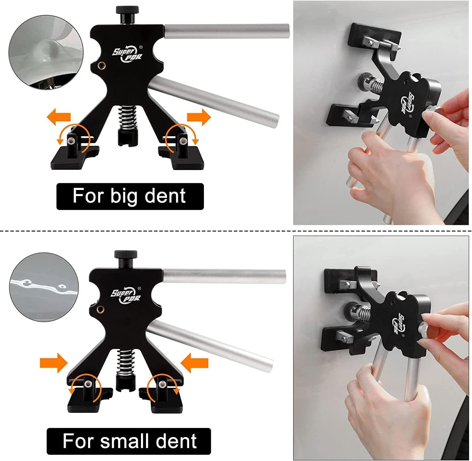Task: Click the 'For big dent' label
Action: pyautogui.click(x=130, y=196)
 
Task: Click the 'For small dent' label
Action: pyautogui.click(x=129, y=441)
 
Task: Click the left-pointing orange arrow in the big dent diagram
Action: pyautogui.click(x=59, y=117)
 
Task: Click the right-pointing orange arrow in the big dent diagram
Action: pyautogui.click(x=199, y=117)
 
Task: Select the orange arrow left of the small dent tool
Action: pyautogui.click(x=54, y=363)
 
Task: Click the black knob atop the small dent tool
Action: pyautogui.click(x=126, y=259)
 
